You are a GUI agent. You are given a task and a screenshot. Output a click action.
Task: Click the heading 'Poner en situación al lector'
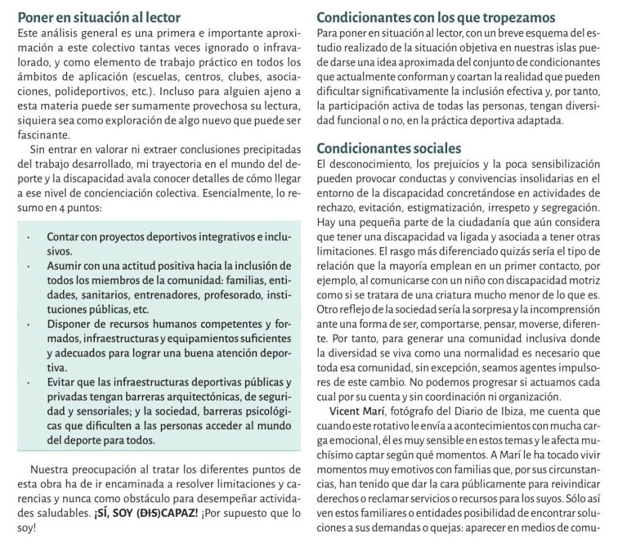click(99, 17)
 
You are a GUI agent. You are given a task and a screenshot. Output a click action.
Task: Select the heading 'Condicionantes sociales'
click(389, 147)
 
